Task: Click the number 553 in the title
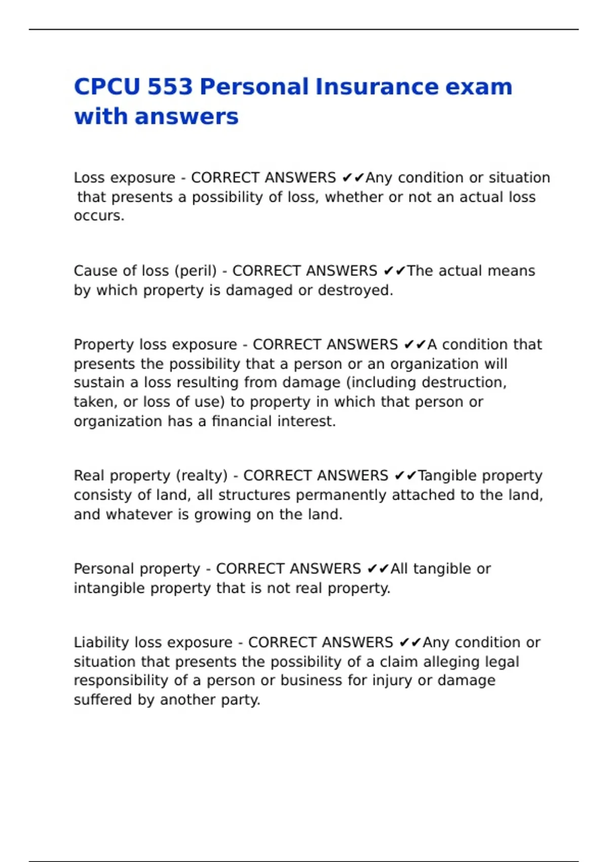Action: tap(169, 87)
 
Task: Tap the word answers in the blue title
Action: tap(186, 117)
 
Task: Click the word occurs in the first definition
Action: tap(97, 216)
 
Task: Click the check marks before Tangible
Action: tap(405, 476)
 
